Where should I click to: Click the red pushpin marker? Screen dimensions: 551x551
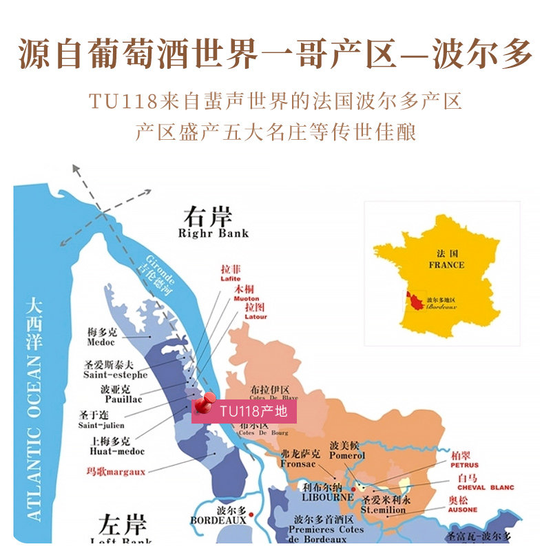point(202,404)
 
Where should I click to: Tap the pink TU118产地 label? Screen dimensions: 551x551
point(253,412)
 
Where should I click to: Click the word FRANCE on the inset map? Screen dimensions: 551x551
point(446,264)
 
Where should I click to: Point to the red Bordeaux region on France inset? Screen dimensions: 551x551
point(415,300)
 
